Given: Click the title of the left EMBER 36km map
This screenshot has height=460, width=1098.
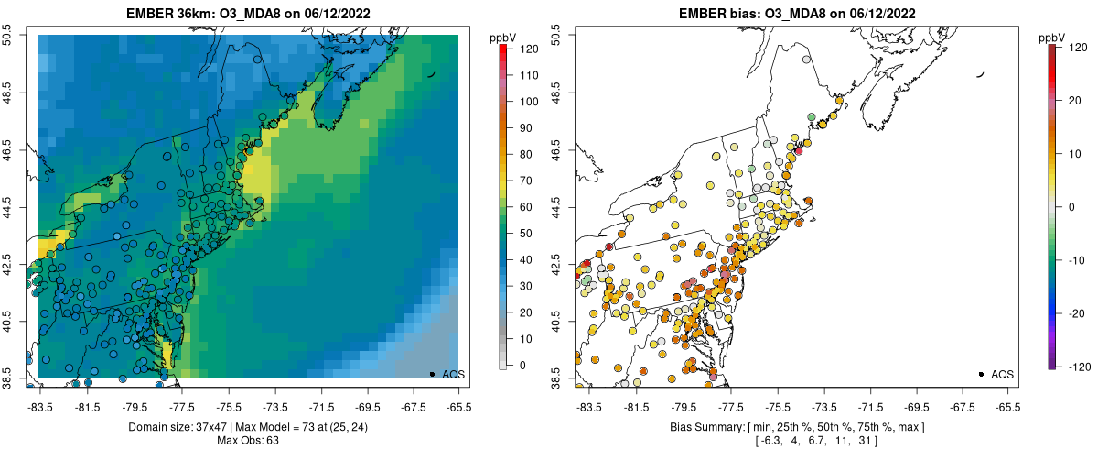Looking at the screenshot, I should pos(248,13).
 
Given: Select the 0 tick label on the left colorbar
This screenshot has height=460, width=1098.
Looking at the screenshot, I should pos(523,366).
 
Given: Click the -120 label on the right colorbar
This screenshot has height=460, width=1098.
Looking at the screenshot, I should pos(1078,366).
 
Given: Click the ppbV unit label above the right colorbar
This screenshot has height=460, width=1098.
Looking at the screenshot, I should pos(1052,37).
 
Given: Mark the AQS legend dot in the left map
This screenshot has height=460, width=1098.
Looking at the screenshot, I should pos(432,374).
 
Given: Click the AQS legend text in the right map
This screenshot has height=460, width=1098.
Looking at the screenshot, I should pos(1002,374).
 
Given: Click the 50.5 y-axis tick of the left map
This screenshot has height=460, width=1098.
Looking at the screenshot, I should pos(10,36).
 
